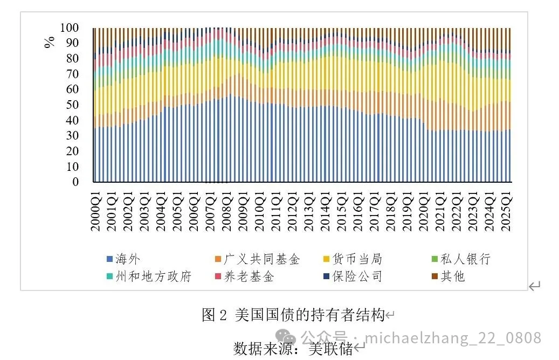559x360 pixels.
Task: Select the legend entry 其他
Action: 453,277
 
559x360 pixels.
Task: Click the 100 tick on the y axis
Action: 70,27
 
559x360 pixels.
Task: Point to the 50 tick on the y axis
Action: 72,105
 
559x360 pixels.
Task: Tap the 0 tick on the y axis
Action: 75,182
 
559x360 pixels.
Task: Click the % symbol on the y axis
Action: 50,41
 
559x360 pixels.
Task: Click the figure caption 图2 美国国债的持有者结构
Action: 294,315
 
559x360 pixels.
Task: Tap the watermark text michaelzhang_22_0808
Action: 453,338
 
